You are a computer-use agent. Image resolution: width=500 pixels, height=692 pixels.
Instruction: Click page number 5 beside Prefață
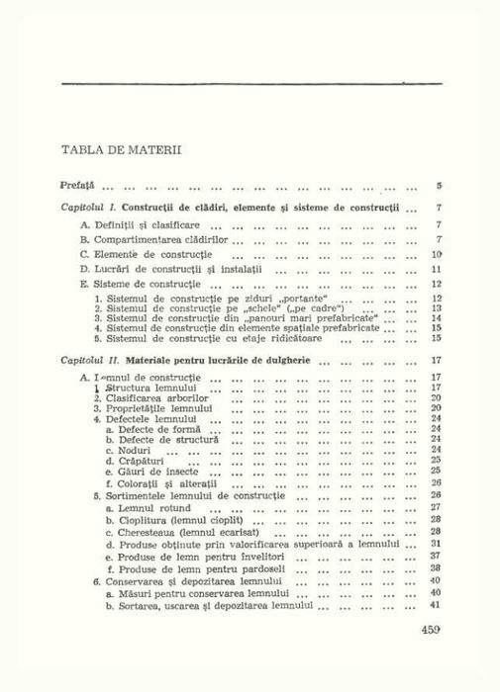[x=438, y=185]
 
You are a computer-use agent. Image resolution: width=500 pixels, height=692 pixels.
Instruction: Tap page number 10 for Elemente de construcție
[x=436, y=254]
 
